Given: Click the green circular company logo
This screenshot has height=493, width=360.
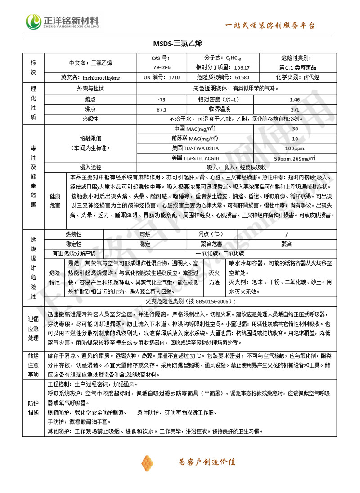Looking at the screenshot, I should pos(33,21).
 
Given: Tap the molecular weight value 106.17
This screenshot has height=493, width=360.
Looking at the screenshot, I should pos(242,67).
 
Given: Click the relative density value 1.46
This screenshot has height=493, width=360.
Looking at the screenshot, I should pos(295,99).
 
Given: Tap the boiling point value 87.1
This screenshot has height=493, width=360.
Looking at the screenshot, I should pos(162,109).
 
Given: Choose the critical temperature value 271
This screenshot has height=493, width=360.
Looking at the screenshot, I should pos(295,109).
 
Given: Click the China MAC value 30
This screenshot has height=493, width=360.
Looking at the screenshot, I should pos(295,129).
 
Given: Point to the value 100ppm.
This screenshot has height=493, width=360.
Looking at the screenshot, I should pos(295,148).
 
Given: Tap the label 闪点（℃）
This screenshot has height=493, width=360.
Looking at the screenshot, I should pos(211,234).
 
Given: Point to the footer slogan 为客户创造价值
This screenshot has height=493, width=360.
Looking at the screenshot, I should pos(207,462).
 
